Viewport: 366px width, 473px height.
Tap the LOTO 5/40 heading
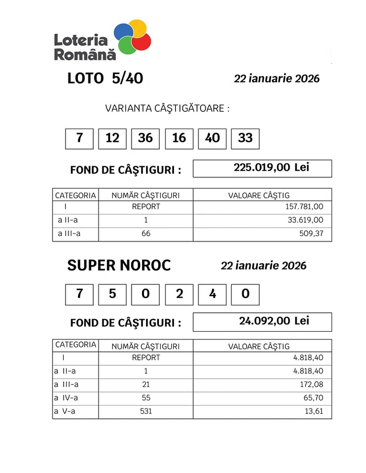(x=105, y=78)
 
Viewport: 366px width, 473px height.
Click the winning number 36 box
(x=146, y=138)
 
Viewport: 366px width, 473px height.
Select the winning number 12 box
(x=112, y=138)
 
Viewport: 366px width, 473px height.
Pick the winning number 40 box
(x=212, y=138)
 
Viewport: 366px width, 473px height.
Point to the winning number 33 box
(x=245, y=138)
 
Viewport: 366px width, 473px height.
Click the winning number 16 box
(x=179, y=138)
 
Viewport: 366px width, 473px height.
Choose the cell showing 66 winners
(x=146, y=234)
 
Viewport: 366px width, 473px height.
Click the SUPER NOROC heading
(x=119, y=266)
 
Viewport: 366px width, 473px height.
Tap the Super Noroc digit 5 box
(x=112, y=294)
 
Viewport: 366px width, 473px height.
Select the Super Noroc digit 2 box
(x=179, y=294)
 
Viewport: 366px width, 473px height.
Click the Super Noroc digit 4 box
(x=212, y=294)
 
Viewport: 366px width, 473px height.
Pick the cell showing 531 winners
(x=146, y=411)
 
